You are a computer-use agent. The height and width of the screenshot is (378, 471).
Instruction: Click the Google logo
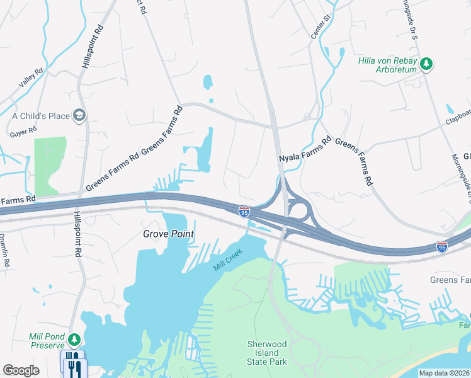[x=21, y=370]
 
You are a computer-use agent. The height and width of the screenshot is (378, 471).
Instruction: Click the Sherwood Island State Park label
[x=266, y=353]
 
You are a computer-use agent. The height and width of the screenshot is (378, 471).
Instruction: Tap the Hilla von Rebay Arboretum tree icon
[x=427, y=63]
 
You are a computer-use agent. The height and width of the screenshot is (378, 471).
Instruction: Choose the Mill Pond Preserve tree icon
[x=74, y=340]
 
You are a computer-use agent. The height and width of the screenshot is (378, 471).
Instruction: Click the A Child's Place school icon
[x=79, y=115]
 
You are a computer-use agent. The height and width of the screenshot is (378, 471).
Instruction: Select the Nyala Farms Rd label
[x=305, y=149]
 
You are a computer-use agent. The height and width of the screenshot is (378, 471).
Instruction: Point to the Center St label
[x=321, y=30]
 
